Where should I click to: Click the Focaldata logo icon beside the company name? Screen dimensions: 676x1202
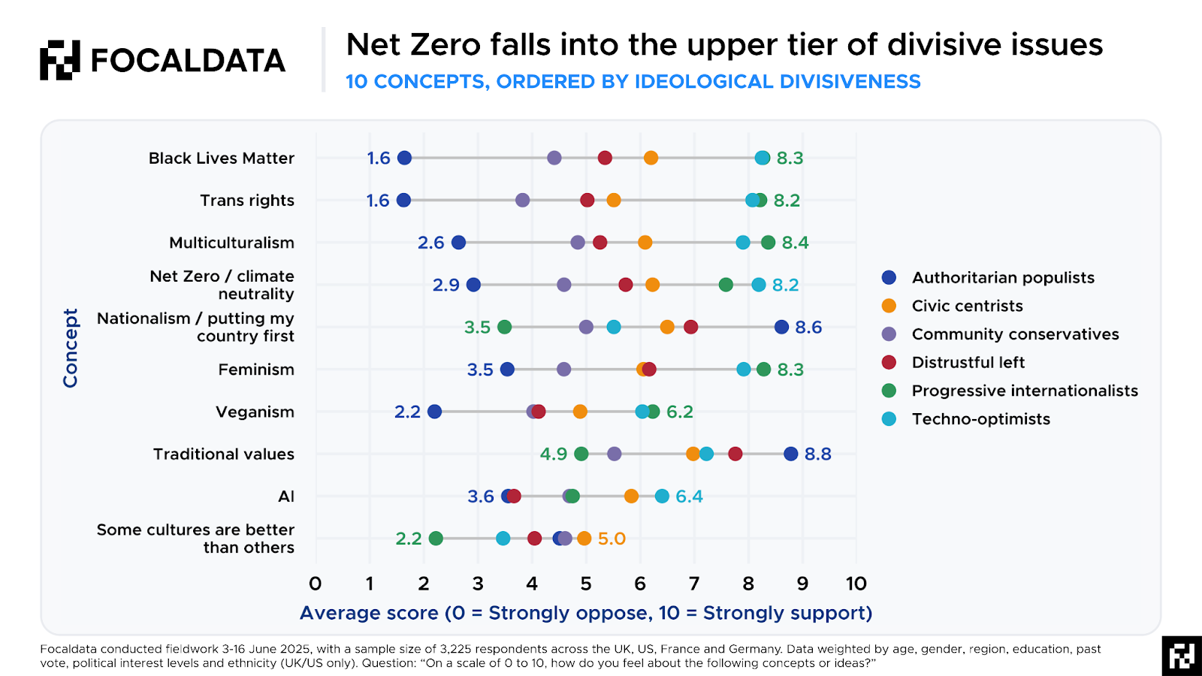pyautogui.click(x=60, y=60)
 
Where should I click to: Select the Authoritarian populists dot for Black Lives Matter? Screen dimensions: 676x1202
pyautogui.click(x=404, y=158)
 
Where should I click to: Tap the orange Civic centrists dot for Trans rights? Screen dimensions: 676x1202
pyautogui.click(x=614, y=200)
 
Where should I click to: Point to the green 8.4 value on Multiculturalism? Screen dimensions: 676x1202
pyautogui.click(x=795, y=243)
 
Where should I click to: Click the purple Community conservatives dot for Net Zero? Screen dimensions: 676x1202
pyautogui.click(x=564, y=285)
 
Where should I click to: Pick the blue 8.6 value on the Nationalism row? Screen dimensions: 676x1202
pyautogui.click(x=808, y=327)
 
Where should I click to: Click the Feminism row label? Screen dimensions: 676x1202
pyautogui.click(x=256, y=370)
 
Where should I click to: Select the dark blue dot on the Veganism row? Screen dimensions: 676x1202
pyautogui.click(x=434, y=412)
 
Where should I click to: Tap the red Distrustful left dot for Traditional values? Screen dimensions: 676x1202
pyautogui.click(x=735, y=454)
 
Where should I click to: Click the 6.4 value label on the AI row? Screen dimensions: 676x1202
pyautogui.click(x=689, y=496)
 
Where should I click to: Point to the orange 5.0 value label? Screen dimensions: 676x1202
pyautogui.click(x=612, y=539)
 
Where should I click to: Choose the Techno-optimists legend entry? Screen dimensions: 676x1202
pyautogui.click(x=980, y=419)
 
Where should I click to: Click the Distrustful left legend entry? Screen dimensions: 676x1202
pyautogui.click(x=968, y=363)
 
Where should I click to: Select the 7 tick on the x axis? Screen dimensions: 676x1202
pyautogui.click(x=694, y=584)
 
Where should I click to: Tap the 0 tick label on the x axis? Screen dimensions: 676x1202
pyautogui.click(x=316, y=584)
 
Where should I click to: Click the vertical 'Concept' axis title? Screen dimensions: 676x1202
pyautogui.click(x=71, y=348)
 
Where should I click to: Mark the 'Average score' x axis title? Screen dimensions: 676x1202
pyautogui.click(x=586, y=613)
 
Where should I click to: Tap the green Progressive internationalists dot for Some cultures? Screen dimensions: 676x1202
pyautogui.click(x=436, y=539)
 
